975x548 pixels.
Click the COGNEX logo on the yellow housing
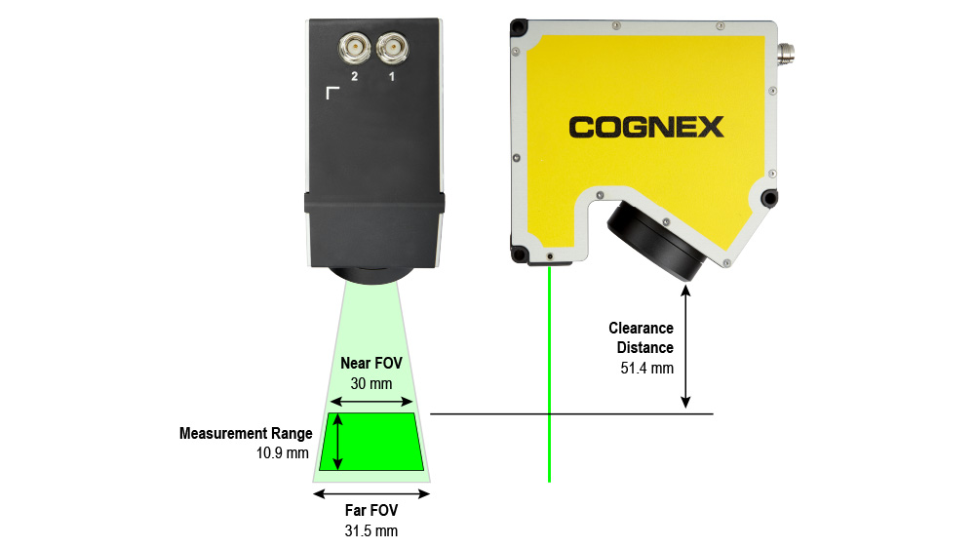(x=646, y=127)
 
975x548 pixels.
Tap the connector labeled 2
(x=355, y=47)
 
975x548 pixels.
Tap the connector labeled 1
(x=392, y=47)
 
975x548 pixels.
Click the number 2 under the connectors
(x=355, y=76)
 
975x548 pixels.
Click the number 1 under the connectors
(x=392, y=76)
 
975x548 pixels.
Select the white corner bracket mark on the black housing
(x=331, y=91)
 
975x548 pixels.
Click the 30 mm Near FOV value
(x=371, y=383)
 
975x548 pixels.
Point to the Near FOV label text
(x=371, y=363)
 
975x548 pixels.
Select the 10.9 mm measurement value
(x=283, y=452)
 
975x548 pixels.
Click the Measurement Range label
(x=246, y=434)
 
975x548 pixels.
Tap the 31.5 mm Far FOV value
(x=371, y=530)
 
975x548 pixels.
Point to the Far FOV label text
(x=371, y=510)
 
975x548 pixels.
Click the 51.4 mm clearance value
(x=646, y=369)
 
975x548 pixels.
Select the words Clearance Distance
(x=642, y=337)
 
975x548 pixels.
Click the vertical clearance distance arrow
(x=685, y=346)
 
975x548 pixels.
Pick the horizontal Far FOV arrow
(x=371, y=494)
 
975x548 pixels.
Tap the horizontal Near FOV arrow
(x=371, y=401)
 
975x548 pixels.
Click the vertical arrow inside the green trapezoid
(x=337, y=442)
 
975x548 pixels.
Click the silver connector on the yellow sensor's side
(x=787, y=54)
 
